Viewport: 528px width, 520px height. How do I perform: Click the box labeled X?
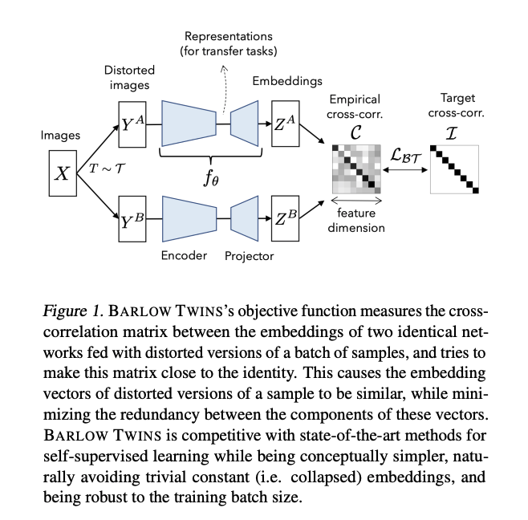click(x=62, y=173)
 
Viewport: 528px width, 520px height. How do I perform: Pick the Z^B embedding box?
click(x=286, y=219)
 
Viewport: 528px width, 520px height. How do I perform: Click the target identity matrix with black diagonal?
click(x=453, y=169)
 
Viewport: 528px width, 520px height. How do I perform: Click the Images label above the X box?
click(x=61, y=136)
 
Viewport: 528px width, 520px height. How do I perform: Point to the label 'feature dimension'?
click(x=357, y=221)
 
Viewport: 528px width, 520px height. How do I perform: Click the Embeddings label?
click(x=287, y=81)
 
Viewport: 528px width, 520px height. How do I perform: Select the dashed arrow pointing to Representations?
click(x=225, y=88)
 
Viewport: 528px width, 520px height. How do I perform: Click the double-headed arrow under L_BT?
click(x=405, y=170)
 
